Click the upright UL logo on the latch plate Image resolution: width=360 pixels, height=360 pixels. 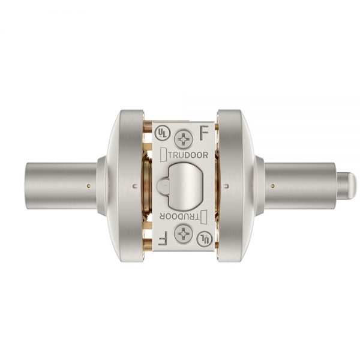point(163,133)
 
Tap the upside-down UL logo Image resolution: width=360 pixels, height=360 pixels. point(205,239)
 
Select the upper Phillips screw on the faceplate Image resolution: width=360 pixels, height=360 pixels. point(184,139)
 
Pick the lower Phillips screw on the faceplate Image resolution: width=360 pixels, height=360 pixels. point(183,234)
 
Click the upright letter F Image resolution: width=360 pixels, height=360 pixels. point(204,133)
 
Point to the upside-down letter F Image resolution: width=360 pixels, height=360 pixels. point(163,239)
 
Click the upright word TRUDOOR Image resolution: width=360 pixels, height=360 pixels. point(188,155)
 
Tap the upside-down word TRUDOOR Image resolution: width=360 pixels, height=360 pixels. point(179,216)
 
